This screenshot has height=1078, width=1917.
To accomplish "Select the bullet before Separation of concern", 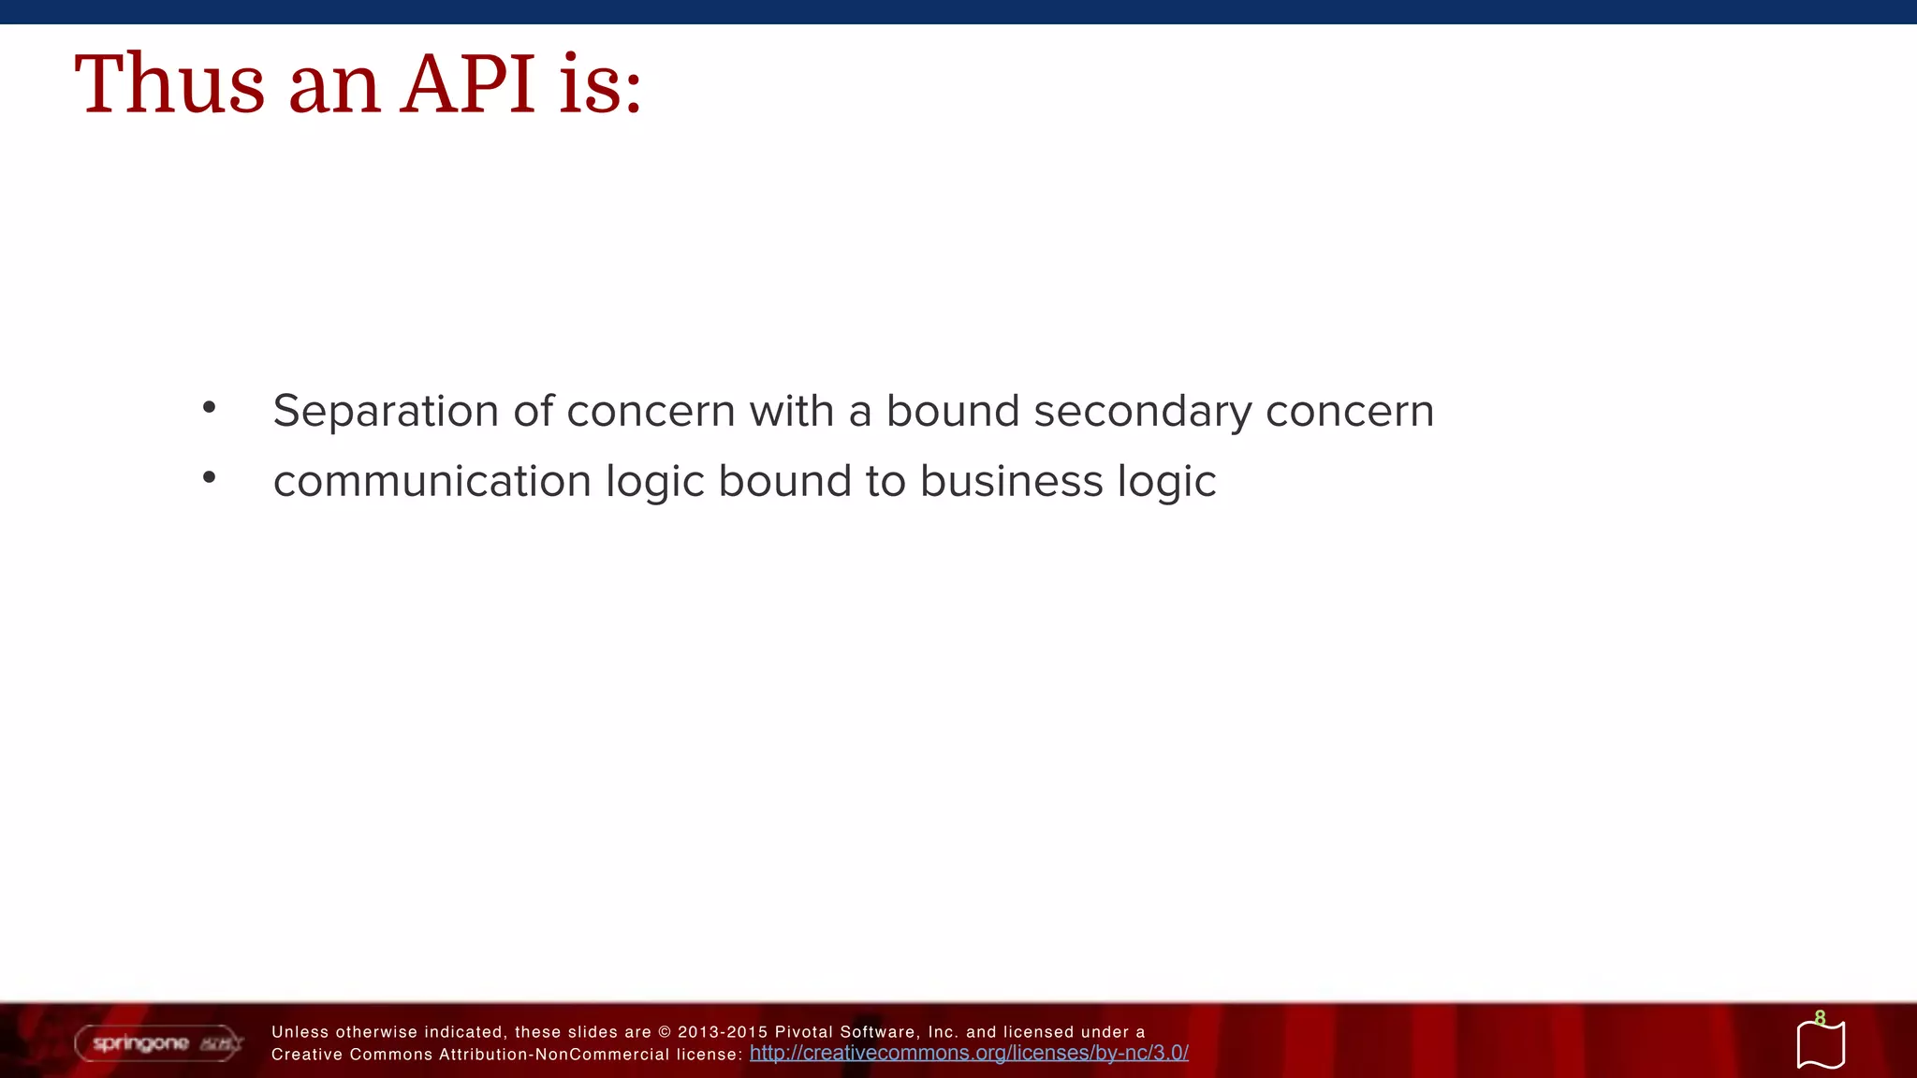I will (x=209, y=407).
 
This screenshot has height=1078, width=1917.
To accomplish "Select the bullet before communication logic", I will (x=209, y=477).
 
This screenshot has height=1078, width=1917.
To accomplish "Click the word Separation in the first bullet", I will (x=385, y=411).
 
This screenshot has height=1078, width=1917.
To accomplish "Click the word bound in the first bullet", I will (x=952, y=411).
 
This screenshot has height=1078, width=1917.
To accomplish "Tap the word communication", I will (x=432, y=481).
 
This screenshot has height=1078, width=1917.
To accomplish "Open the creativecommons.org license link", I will (x=969, y=1053).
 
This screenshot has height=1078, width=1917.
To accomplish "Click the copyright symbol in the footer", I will (x=665, y=1032).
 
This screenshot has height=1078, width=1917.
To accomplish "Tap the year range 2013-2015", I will (x=722, y=1032).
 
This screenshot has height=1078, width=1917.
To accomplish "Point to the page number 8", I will (x=1820, y=1017).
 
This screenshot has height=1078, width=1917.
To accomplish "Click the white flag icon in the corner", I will (x=1821, y=1046).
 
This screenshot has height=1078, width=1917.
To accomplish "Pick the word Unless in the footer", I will (x=300, y=1032).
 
